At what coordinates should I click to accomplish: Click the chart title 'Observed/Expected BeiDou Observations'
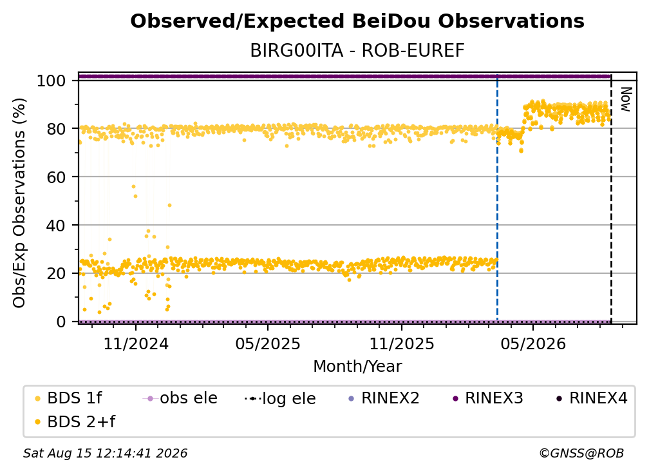pyautogui.click(x=357, y=21)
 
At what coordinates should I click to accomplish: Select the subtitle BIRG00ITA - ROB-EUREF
pyautogui.click(x=357, y=51)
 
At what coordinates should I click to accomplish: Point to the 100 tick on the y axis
pyautogui.click(x=52, y=81)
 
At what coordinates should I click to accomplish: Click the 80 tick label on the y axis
pyautogui.click(x=56, y=129)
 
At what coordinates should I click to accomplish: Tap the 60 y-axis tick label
pyautogui.click(x=56, y=177)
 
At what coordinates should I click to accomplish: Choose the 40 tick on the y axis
pyautogui.click(x=56, y=226)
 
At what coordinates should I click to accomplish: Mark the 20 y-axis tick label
pyautogui.click(x=56, y=274)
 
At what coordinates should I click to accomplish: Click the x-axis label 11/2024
pyautogui.click(x=136, y=343)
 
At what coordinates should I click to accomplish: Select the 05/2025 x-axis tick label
pyautogui.click(x=268, y=343)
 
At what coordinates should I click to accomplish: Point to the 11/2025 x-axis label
pyautogui.click(x=402, y=343)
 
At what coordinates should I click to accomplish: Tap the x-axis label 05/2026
pyautogui.click(x=533, y=343)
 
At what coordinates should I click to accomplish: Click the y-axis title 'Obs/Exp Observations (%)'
pyautogui.click(x=19, y=202)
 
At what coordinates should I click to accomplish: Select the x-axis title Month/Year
pyautogui.click(x=357, y=366)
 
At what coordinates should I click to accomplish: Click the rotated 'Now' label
pyautogui.click(x=626, y=99)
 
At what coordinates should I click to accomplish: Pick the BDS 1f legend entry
pyautogui.click(x=69, y=398)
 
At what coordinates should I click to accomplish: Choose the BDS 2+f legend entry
pyautogui.click(x=75, y=421)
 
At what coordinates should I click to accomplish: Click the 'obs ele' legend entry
pyautogui.click(x=180, y=398)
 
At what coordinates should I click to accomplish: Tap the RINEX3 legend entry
pyautogui.click(x=489, y=398)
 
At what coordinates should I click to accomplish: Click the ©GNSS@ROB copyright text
pyautogui.click(x=581, y=453)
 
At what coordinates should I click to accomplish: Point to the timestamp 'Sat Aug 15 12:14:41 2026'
pyautogui.click(x=105, y=453)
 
